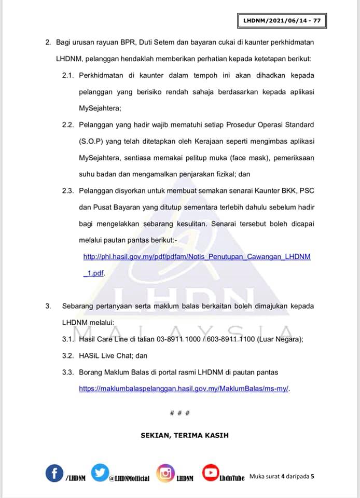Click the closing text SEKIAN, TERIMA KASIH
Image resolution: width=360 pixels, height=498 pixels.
pyautogui.click(x=184, y=435)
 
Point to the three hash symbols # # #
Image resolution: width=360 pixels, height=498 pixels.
pyautogui.click(x=179, y=413)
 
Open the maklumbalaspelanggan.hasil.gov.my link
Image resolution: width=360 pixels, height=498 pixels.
pyautogui.click(x=184, y=388)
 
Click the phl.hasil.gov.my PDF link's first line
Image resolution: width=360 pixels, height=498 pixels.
pyautogui.click(x=197, y=257)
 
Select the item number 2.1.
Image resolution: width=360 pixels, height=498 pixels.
pyautogui.click(x=68, y=75)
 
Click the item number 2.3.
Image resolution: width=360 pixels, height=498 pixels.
pyautogui.click(x=68, y=191)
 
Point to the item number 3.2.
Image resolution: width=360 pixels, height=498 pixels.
pyautogui.click(x=68, y=356)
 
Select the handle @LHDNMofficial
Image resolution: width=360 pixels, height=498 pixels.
pyautogui.click(x=129, y=478)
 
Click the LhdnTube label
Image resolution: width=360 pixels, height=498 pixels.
pyautogui.click(x=232, y=478)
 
